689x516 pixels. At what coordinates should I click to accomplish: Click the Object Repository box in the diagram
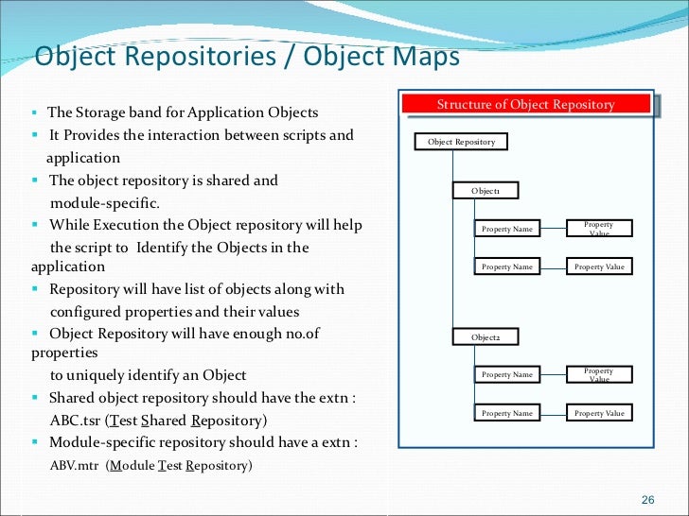[x=461, y=142]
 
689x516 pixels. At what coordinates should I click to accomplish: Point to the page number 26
[x=648, y=499]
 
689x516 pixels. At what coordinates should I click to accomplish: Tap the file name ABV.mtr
[x=74, y=465]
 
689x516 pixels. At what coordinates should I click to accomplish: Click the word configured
[x=86, y=312]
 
